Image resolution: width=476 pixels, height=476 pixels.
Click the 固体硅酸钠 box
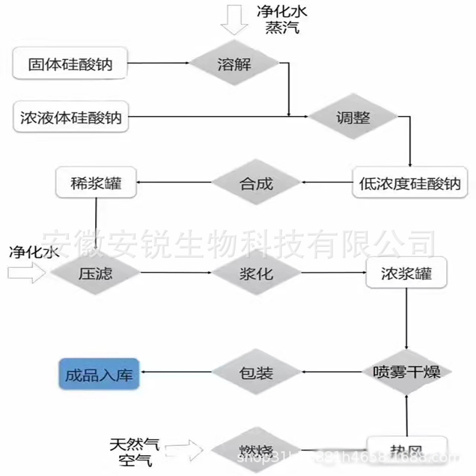(70, 64)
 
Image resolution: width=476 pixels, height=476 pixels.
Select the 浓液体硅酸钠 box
(70, 117)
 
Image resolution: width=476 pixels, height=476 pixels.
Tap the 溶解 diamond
(234, 64)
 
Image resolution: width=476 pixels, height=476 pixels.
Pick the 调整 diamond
(353, 117)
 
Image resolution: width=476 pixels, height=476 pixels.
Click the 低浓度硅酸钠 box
(410, 184)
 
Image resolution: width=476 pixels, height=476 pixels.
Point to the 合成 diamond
(256, 183)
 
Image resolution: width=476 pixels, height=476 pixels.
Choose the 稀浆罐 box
(96, 183)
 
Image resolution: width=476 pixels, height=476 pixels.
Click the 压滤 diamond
(96, 274)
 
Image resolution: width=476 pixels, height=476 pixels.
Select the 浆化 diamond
(256, 274)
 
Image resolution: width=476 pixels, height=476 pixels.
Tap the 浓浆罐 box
(406, 274)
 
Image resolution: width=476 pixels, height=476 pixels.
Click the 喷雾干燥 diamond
(406, 373)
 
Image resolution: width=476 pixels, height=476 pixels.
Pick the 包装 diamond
(256, 373)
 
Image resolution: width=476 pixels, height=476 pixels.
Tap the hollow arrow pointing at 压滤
(27, 274)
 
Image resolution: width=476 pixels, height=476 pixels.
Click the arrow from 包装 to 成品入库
(176, 374)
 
